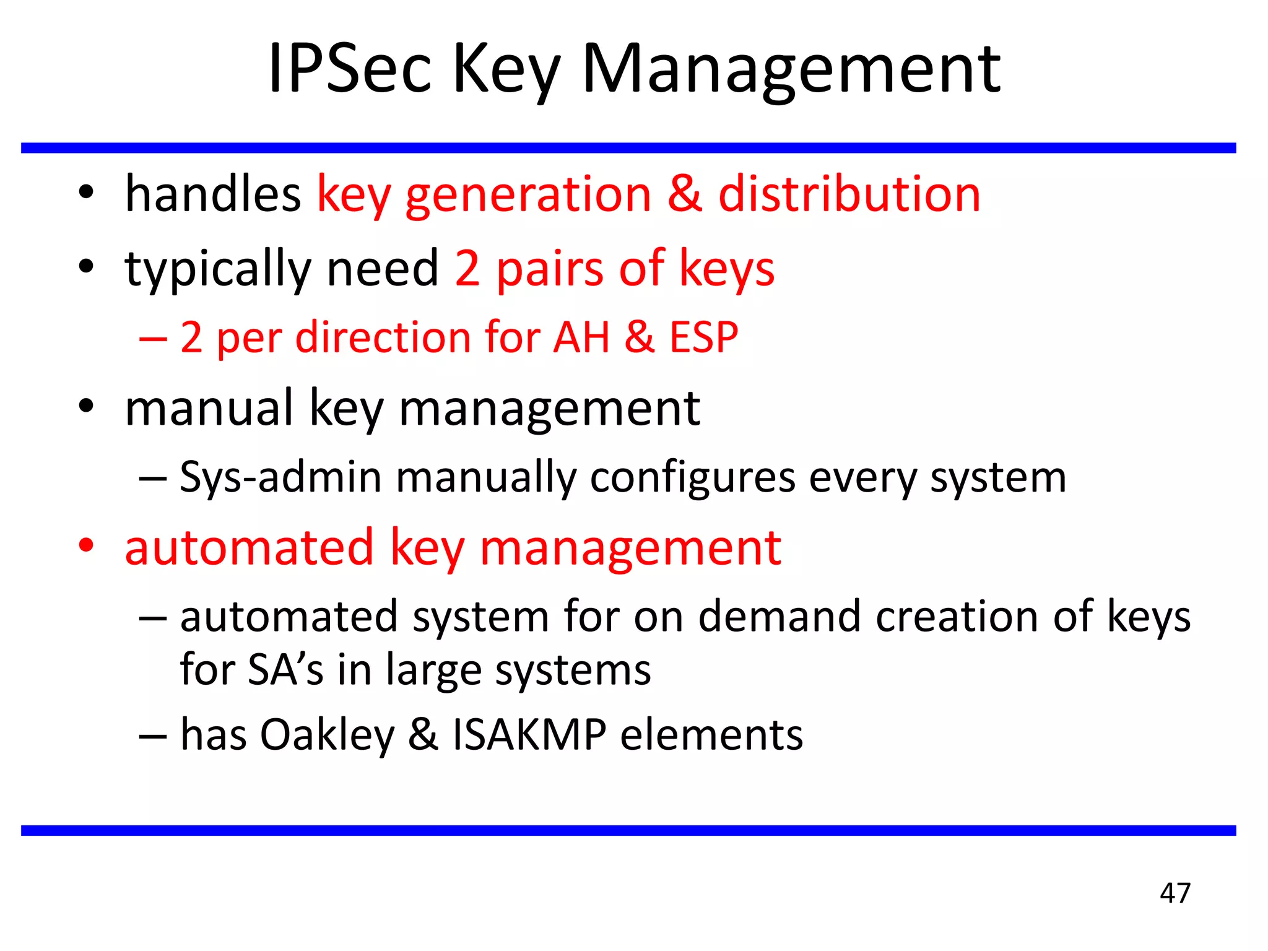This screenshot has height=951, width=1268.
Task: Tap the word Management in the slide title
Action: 791,69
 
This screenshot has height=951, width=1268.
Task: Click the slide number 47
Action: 1175,893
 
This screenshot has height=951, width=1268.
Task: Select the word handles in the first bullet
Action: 213,194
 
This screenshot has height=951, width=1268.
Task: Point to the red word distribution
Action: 849,194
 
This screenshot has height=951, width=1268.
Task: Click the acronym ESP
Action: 704,338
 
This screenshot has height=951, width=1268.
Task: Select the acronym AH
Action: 582,338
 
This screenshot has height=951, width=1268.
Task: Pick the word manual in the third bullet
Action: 209,409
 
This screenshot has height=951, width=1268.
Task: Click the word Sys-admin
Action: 280,478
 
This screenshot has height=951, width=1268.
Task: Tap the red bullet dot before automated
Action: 86,545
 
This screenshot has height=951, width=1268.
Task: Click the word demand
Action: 779,617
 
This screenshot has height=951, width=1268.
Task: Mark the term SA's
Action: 285,670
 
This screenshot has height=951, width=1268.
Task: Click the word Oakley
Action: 327,736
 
